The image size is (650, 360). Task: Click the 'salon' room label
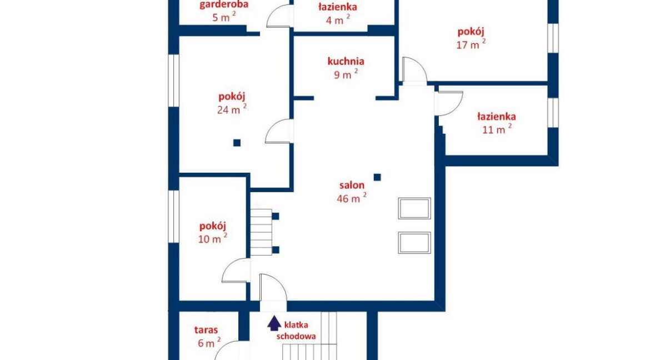pyautogui.click(x=352, y=186)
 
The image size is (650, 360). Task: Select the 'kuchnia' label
pyautogui.click(x=346, y=61)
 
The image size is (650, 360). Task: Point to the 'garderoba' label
pyautogui.click(x=224, y=5)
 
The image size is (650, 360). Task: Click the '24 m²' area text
pyautogui.click(x=232, y=109)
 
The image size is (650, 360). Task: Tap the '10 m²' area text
pyautogui.click(x=212, y=238)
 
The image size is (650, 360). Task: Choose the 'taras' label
pyautogui.click(x=206, y=330)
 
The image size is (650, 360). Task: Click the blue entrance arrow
pyautogui.click(x=273, y=323)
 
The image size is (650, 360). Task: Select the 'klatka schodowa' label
pyautogui.click(x=296, y=331)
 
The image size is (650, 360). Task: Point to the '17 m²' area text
pyautogui.click(x=471, y=44)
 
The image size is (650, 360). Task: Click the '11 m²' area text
pyautogui.click(x=497, y=128)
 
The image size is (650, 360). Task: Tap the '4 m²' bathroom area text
pyautogui.click(x=337, y=19)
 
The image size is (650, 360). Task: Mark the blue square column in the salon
pyautogui.click(x=377, y=178)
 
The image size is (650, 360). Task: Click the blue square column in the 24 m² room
pyautogui.click(x=237, y=143)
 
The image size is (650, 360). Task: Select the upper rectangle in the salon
pyautogui.click(x=414, y=209)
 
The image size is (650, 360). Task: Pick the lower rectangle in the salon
pyautogui.click(x=414, y=243)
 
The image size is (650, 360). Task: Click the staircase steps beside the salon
pyautogui.click(x=261, y=232)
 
